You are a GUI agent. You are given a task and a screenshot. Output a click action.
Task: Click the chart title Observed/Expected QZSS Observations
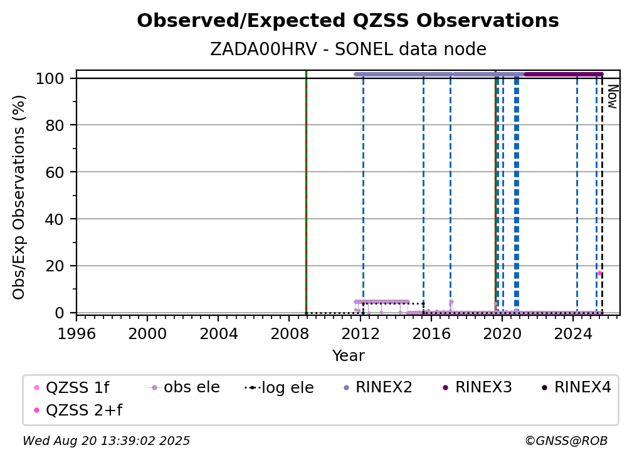348,21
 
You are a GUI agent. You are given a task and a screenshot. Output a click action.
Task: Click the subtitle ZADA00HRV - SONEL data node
348,49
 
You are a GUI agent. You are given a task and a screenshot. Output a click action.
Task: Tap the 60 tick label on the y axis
55,172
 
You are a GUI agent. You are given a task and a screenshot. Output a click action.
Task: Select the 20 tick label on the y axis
55,266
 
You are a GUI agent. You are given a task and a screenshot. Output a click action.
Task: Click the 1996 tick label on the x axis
76,334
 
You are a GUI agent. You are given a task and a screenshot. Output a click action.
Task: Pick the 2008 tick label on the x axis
290,334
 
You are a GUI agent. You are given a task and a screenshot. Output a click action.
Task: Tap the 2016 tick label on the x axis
431,334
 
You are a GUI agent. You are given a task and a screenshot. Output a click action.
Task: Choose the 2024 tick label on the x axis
573,334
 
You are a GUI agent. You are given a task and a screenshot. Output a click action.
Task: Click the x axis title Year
348,356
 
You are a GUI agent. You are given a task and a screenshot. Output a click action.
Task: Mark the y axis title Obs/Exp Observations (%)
19,197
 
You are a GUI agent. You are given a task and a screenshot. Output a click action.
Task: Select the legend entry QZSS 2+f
79,410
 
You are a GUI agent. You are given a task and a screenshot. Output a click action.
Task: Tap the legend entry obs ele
184,387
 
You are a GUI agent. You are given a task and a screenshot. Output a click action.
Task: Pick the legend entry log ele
279,387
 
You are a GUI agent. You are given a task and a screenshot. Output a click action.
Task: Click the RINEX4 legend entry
576,387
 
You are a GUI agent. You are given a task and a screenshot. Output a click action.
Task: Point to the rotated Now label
612,97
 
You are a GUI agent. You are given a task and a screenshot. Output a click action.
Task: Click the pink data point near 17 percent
599,273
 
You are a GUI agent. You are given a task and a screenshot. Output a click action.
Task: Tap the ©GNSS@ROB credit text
566,441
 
